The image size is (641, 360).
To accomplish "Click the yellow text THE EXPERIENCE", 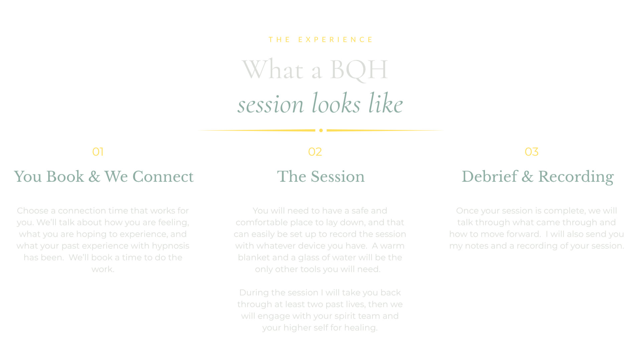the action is point(320,40).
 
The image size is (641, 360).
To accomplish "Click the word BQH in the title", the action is point(359,70).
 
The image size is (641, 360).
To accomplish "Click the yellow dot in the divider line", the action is point(321,130).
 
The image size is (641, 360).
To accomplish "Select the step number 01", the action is point(98,152).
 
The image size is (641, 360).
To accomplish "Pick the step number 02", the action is point(315,152).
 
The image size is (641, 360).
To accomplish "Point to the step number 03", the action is point(531,152).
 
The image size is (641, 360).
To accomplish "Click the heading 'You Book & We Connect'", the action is point(104,176).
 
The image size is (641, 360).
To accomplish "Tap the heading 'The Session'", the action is point(321,176).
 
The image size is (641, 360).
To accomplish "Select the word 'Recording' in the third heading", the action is point(576,177).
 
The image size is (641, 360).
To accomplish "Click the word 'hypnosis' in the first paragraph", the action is point(170,246).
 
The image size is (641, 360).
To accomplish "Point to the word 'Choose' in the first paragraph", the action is point(33,211).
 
